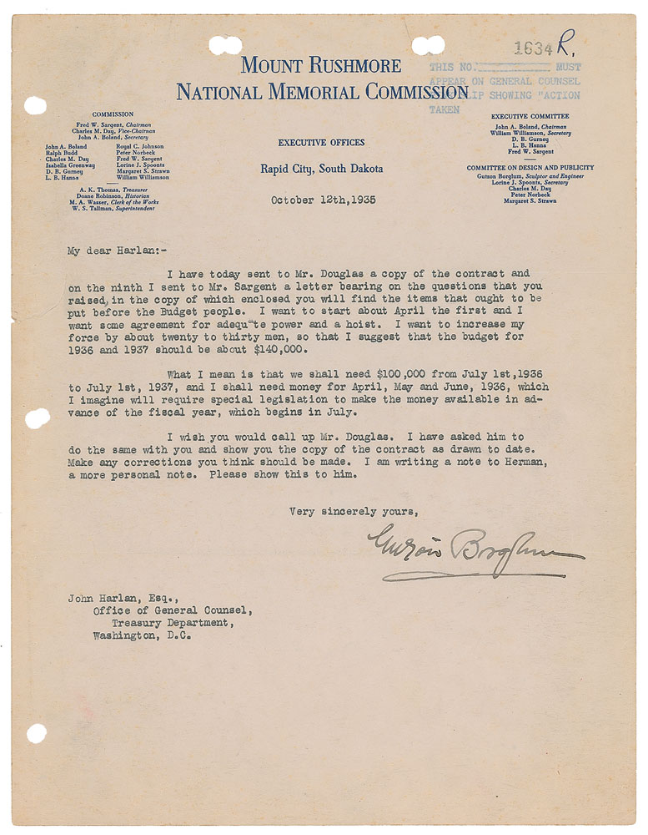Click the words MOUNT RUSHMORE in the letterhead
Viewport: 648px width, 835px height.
[x=321, y=66]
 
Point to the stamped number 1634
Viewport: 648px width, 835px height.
[x=535, y=49]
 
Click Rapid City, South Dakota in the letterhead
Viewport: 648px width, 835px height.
[x=321, y=170]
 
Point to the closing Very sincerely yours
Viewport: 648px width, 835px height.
[x=354, y=512]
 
